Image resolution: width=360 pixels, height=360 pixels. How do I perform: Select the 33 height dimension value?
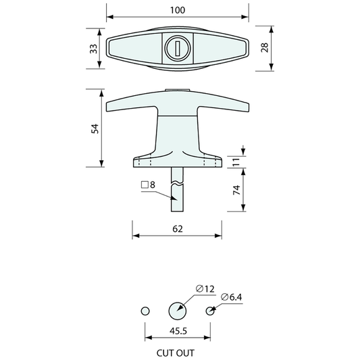pyautogui.click(x=93, y=48)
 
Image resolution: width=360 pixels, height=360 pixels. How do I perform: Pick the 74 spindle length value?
pyautogui.click(x=236, y=190)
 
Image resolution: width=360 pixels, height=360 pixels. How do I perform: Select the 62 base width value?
pyautogui.click(x=177, y=229)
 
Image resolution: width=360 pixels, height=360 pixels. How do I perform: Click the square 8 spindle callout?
pyautogui.click(x=148, y=184)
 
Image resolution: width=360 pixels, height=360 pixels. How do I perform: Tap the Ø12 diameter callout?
pyautogui.click(x=206, y=288)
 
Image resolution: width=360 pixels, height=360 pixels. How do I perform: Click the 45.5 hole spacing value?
pyautogui.click(x=177, y=332)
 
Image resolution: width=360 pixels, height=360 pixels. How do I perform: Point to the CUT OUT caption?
pyautogui.click(x=177, y=351)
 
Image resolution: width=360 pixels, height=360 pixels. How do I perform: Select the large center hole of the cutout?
pyautogui.click(x=177, y=311)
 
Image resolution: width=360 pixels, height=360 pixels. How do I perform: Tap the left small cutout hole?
pyautogui.click(x=144, y=311)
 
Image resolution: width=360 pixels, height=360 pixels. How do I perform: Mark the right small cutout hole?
pyautogui.click(x=210, y=311)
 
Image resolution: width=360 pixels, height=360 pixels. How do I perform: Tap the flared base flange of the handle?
pyautogui.click(x=177, y=159)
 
